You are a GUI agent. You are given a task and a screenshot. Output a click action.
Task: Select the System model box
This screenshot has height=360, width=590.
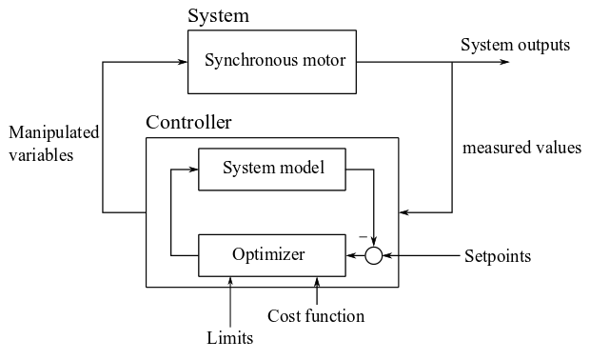click(273, 170)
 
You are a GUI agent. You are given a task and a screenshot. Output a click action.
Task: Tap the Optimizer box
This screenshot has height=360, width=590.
click(268, 254)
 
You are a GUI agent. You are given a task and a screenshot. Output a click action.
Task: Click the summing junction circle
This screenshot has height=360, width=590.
click(374, 255)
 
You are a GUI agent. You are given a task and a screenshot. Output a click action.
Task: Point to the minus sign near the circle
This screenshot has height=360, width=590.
click(363, 235)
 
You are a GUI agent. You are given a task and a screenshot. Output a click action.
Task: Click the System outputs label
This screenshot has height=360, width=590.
click(515, 45)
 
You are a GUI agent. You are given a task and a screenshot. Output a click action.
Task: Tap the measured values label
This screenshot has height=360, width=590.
click(521, 149)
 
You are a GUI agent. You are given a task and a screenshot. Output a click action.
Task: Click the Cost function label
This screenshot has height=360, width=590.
click(315, 316)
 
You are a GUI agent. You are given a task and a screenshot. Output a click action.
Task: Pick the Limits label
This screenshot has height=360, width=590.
click(229, 338)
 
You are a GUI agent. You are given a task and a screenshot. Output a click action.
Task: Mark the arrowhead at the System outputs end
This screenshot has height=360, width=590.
click(503, 63)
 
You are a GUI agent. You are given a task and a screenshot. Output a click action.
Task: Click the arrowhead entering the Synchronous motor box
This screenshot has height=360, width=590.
click(182, 63)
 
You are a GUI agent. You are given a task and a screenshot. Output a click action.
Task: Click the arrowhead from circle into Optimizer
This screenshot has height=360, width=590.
click(347, 255)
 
